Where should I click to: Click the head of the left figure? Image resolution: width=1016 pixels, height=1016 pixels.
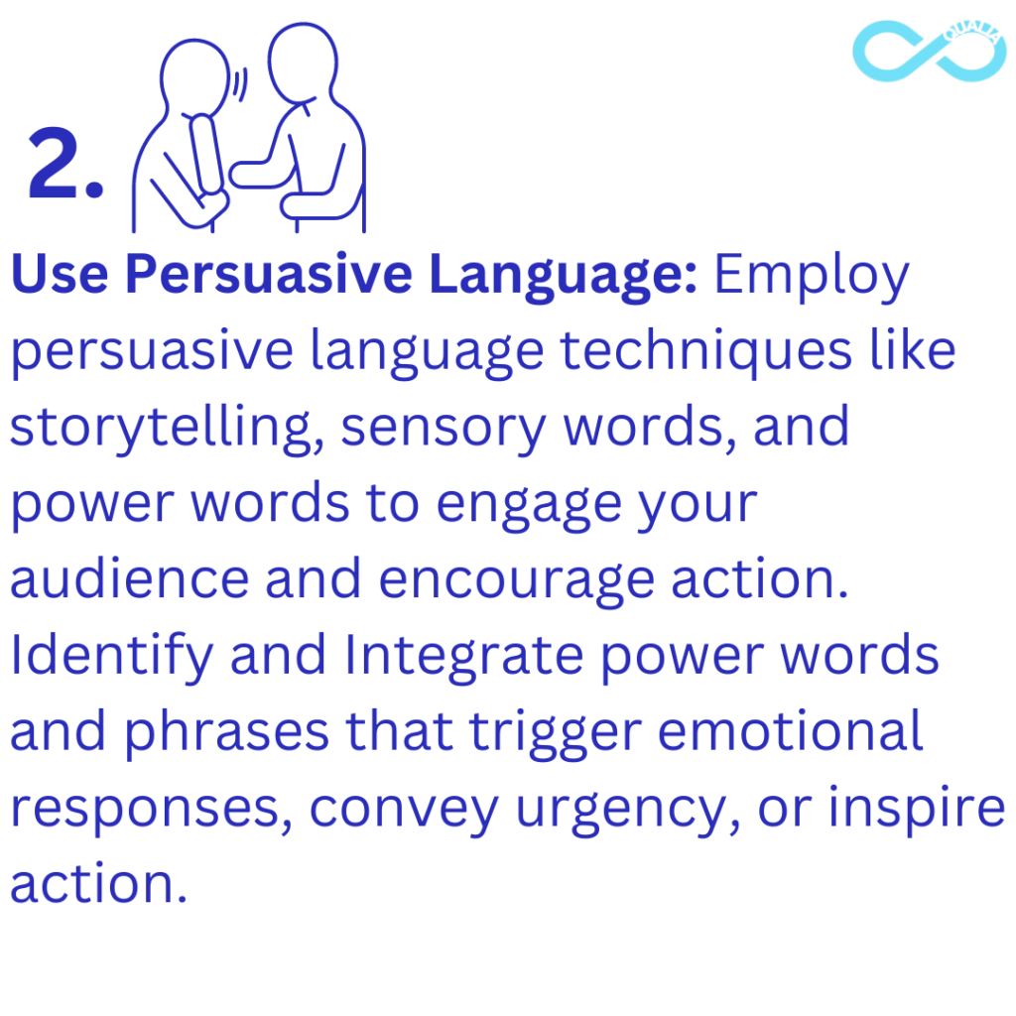[195, 75]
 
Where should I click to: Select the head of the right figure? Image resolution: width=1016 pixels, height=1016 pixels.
[303, 63]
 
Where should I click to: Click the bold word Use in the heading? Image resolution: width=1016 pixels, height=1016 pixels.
[60, 274]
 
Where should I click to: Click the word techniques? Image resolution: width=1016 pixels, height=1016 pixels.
[706, 353]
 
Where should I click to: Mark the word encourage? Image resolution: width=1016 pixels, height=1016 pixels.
[516, 582]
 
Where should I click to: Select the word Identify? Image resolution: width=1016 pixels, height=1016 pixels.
[111, 659]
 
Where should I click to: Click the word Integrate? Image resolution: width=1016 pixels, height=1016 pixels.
[464, 659]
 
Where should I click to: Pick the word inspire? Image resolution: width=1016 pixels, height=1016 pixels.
[917, 810]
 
